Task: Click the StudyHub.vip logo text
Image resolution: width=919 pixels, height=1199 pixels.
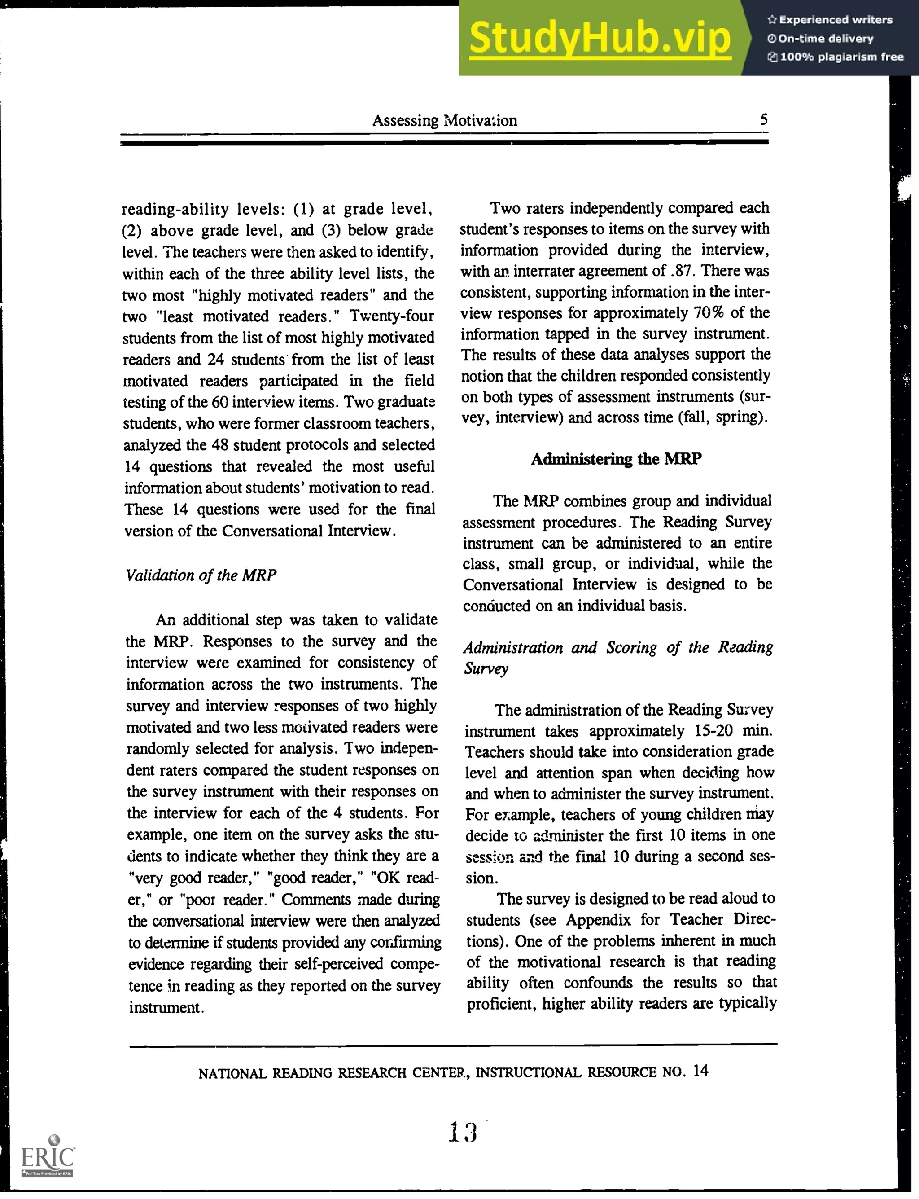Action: click(x=600, y=38)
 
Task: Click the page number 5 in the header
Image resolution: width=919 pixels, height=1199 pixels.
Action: click(x=764, y=119)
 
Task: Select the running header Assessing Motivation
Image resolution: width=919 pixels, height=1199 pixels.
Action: click(x=444, y=120)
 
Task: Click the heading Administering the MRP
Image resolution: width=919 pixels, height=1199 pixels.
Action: click(x=616, y=459)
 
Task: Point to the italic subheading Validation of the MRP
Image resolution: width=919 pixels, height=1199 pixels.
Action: click(x=201, y=575)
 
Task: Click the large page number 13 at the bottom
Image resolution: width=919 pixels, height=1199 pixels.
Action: click(x=462, y=1133)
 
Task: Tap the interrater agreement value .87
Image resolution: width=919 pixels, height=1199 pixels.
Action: click(x=682, y=271)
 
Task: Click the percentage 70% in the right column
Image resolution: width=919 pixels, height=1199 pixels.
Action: click(x=709, y=313)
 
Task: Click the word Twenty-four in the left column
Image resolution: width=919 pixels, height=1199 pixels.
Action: click(x=392, y=316)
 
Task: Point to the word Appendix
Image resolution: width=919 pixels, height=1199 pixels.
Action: click(x=598, y=919)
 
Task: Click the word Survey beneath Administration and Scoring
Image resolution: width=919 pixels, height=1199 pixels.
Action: click(x=486, y=669)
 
